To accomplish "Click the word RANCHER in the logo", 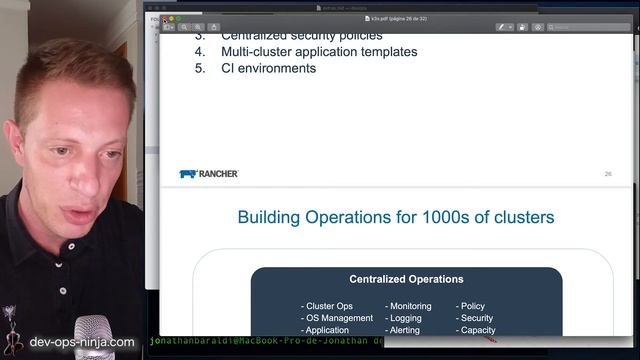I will pos(218,174).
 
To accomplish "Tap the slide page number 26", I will pos(608,174).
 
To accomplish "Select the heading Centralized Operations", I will pos(406,279).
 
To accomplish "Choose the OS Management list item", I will pos(337,318).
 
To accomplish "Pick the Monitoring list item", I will pos(409,306).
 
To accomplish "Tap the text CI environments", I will pos(268,69).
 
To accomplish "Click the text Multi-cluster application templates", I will pos(319,52).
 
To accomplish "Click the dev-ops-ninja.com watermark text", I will pos(82,342).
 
